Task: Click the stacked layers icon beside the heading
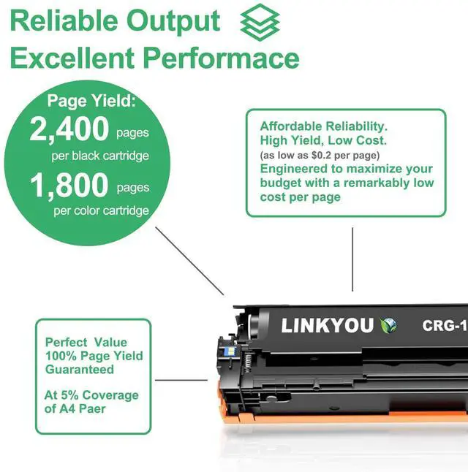(260, 23)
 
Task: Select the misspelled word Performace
(221, 58)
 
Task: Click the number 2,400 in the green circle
(69, 129)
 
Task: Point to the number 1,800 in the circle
(69, 185)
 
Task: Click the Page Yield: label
(91, 101)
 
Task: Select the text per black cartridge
(100, 156)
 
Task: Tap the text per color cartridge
(101, 210)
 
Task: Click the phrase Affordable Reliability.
(324, 126)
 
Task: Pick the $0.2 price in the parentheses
(322, 156)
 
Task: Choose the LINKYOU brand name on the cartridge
(328, 325)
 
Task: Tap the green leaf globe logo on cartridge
(388, 325)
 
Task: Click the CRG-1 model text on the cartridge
(445, 326)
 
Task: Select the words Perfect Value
(86, 343)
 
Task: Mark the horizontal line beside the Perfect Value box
(181, 380)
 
